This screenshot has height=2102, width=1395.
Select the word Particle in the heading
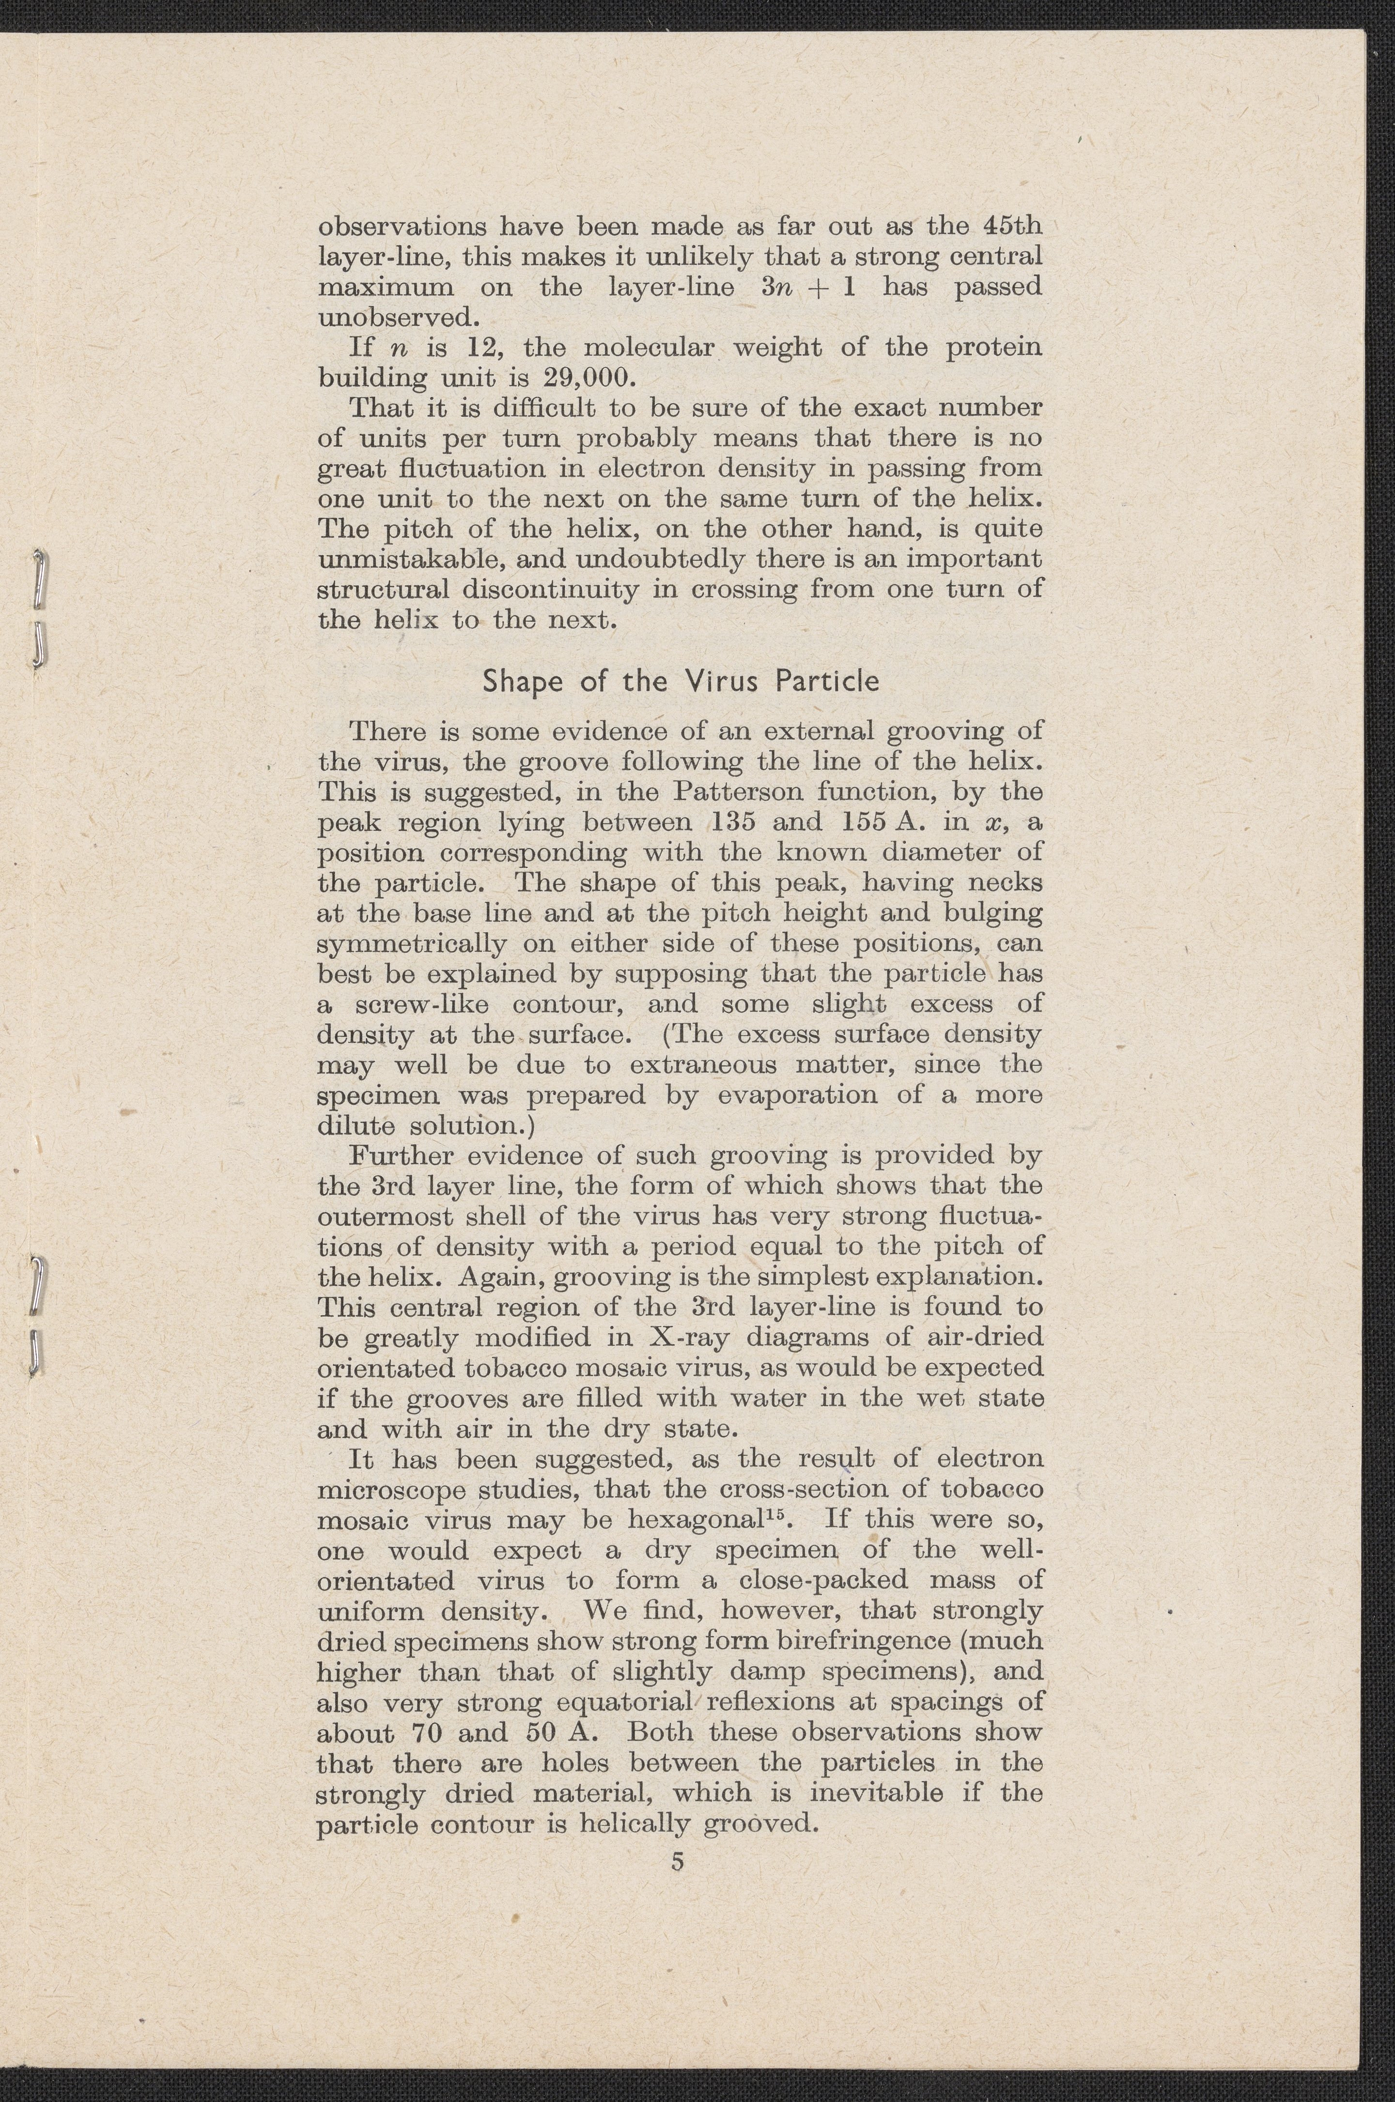click(827, 682)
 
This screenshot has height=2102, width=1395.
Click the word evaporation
click(796, 1095)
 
